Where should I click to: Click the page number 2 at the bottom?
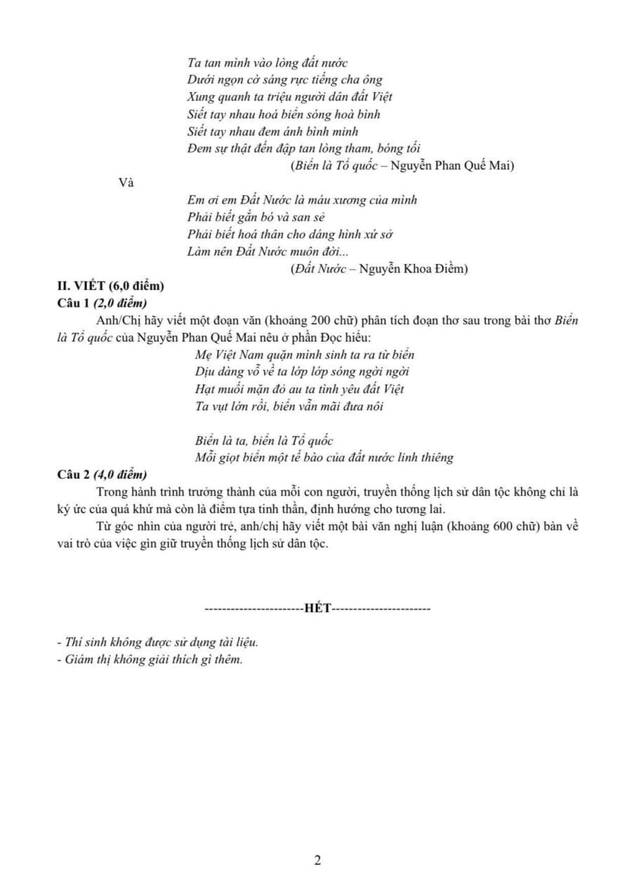pyautogui.click(x=317, y=860)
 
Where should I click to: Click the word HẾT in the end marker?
pyautogui.click(x=317, y=608)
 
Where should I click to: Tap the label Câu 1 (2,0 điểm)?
pyautogui.click(x=102, y=303)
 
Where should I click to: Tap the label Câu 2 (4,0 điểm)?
pyautogui.click(x=102, y=474)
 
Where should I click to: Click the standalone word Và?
pyautogui.click(x=126, y=183)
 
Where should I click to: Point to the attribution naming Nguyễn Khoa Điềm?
pyautogui.click(x=379, y=268)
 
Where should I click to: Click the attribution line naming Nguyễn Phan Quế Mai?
pyautogui.click(x=402, y=166)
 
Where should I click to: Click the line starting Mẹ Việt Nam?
pyautogui.click(x=304, y=355)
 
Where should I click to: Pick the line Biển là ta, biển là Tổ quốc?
pyautogui.click(x=263, y=440)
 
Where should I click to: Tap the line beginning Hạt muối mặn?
pyautogui.click(x=299, y=388)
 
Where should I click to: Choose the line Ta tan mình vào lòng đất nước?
pyautogui.click(x=268, y=63)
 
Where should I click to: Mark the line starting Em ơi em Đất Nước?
pyautogui.click(x=303, y=200)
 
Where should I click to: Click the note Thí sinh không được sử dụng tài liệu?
pyautogui.click(x=158, y=642)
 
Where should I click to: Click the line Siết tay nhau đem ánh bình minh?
pyautogui.click(x=273, y=131)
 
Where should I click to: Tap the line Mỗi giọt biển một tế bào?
pyautogui.click(x=324, y=457)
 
